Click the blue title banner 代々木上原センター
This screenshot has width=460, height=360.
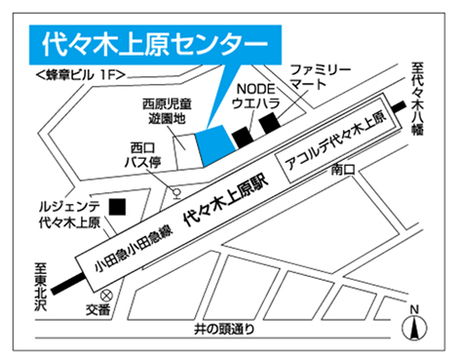point(156,45)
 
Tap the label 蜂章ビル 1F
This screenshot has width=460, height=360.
point(73,72)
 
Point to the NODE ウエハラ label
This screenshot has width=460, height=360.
point(256,94)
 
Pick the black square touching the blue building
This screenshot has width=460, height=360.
point(240,137)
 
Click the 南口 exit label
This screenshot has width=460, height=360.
point(342,170)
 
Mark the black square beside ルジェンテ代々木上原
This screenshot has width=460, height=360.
point(118,208)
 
